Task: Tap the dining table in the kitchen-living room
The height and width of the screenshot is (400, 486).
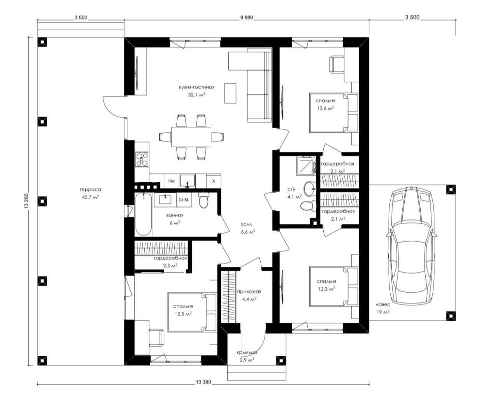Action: pyautogui.click(x=191, y=137)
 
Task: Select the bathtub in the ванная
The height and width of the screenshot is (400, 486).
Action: pyautogui.click(x=144, y=214)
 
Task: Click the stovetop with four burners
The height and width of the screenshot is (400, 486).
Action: pyautogui.click(x=142, y=159)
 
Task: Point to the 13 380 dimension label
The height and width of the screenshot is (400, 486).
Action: pyautogui.click(x=203, y=382)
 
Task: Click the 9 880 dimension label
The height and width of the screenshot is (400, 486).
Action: pyautogui.click(x=246, y=17)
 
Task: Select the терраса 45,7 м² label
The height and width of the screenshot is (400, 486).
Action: pyautogui.click(x=90, y=194)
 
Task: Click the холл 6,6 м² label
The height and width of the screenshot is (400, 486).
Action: pyautogui.click(x=248, y=228)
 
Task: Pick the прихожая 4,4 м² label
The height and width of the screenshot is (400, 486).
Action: pyautogui.click(x=249, y=295)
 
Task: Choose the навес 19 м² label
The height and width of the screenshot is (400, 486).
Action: pyautogui.click(x=383, y=308)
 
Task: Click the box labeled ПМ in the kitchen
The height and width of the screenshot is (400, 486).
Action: pyautogui.click(x=171, y=181)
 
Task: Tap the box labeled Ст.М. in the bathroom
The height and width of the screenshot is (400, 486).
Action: pyautogui.click(x=184, y=200)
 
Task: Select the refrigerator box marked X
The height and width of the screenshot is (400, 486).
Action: pyautogui.click(x=214, y=181)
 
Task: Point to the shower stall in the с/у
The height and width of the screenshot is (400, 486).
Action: pyautogui.click(x=306, y=166)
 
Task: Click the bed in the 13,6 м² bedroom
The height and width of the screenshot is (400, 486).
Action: pyautogui.click(x=334, y=113)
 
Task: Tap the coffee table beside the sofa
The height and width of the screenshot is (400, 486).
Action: pyautogui.click(x=230, y=93)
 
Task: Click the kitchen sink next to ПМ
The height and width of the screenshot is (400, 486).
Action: pyautogui.click(x=187, y=181)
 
